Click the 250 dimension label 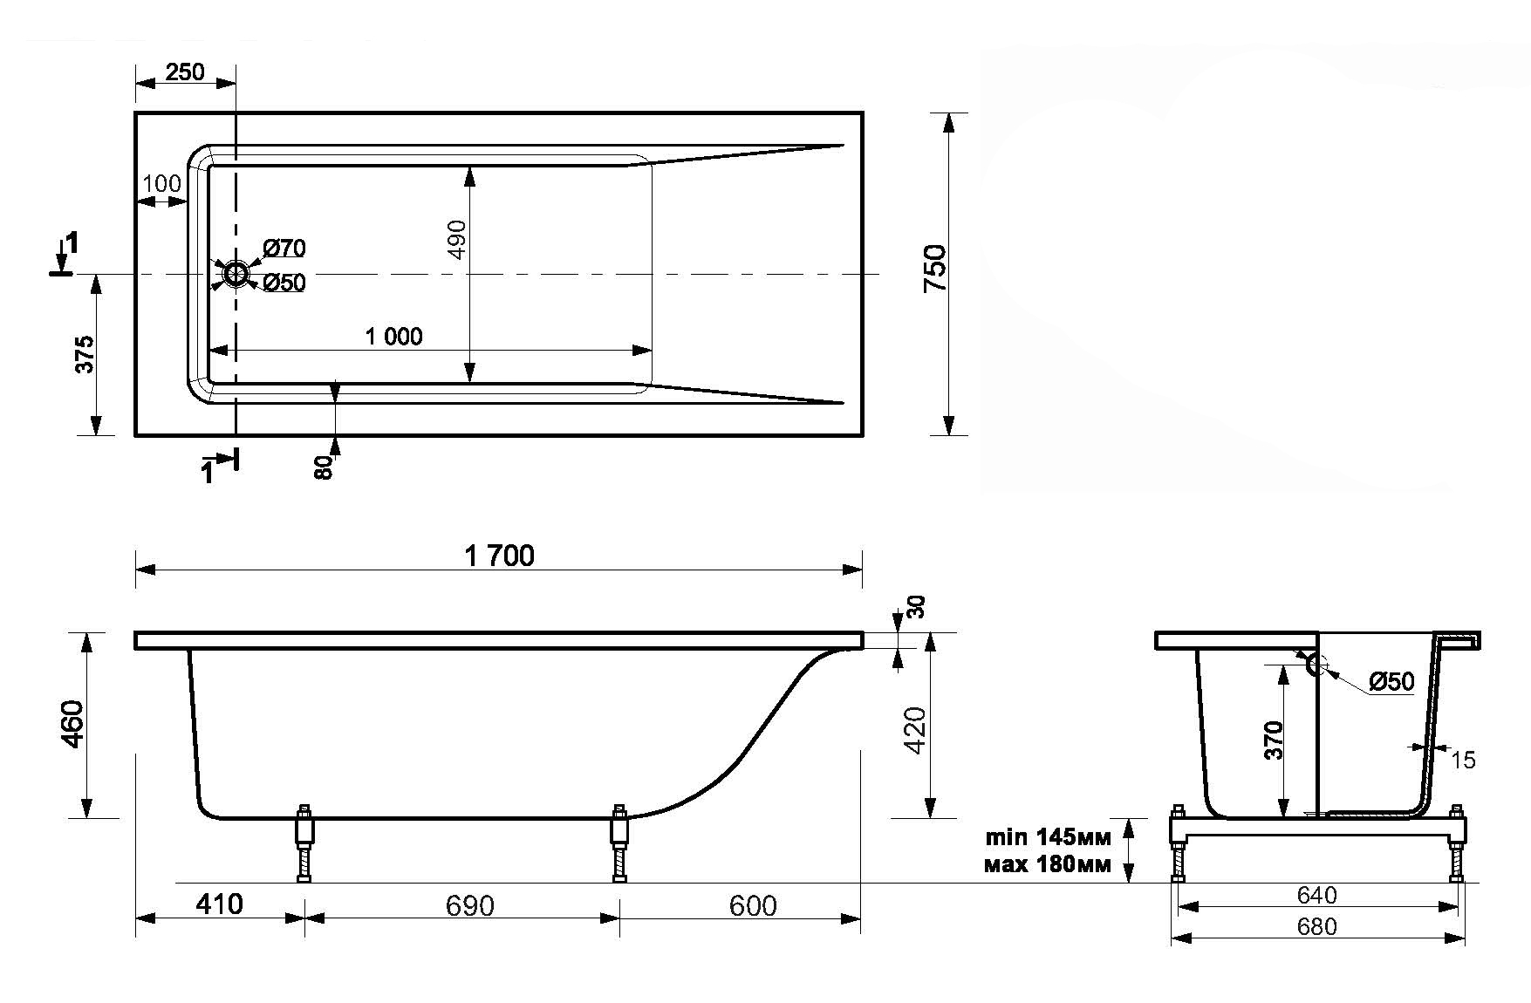(185, 72)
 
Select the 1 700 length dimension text (499, 556)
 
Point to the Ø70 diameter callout (284, 249)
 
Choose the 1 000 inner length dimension (393, 337)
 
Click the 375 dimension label (84, 354)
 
